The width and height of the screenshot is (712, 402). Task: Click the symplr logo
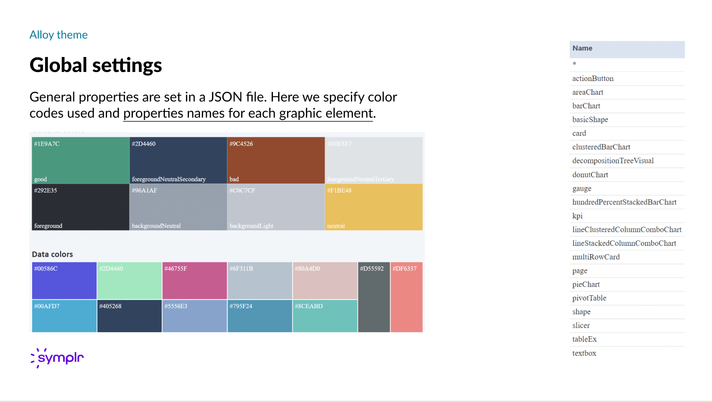coord(57,357)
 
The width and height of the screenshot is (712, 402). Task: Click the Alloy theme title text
coord(59,35)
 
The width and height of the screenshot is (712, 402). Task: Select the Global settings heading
coord(96,65)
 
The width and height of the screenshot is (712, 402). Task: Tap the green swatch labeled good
coord(81,160)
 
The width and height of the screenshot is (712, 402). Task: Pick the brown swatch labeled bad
coord(275,160)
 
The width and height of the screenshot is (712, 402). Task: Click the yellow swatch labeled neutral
coord(374,207)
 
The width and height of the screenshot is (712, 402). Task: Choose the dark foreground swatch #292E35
coord(81,207)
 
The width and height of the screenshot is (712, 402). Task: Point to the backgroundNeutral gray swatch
coord(178,207)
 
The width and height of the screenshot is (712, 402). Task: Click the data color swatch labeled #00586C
coord(64,281)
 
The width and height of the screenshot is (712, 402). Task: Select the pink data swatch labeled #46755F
coord(194,281)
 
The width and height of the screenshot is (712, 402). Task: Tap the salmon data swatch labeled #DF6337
coord(407,297)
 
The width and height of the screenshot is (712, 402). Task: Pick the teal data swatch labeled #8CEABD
coord(325,316)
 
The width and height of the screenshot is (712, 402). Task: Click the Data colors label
coord(52,254)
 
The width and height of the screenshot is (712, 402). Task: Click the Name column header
coord(583,48)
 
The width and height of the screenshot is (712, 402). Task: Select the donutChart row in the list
coord(590,175)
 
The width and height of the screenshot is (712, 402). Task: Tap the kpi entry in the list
coord(577,216)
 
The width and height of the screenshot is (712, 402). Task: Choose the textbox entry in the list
coord(584,353)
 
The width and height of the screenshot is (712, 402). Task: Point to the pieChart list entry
coord(586,285)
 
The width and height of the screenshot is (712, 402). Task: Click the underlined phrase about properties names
coord(248,114)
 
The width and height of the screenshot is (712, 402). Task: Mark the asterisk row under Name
coord(574,64)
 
